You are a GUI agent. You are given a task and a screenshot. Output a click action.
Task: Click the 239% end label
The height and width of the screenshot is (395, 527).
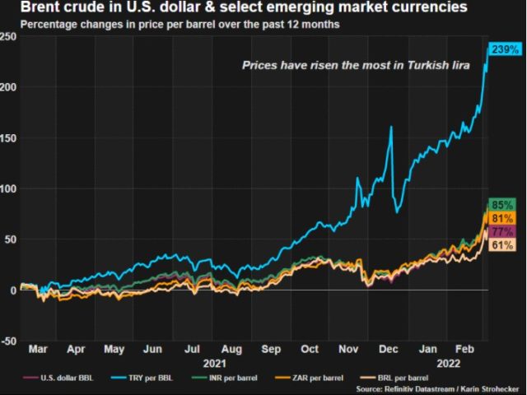(x=504, y=50)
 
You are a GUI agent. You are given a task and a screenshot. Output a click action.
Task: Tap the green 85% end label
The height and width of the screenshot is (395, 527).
(x=502, y=205)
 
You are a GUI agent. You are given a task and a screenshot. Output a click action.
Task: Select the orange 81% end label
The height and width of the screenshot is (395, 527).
(x=502, y=219)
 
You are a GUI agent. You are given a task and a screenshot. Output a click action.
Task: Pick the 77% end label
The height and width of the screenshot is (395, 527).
(x=502, y=232)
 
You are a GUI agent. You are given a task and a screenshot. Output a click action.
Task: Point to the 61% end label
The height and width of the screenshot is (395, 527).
(x=502, y=245)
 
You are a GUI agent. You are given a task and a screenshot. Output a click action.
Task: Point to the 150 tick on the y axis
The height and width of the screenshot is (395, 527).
(x=8, y=137)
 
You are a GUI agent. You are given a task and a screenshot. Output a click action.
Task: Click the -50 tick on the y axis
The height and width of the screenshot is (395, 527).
(x=8, y=341)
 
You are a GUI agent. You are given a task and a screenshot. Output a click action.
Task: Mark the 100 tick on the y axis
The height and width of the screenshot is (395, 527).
(x=8, y=188)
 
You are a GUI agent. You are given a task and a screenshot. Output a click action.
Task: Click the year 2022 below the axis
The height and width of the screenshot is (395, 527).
(x=447, y=363)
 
